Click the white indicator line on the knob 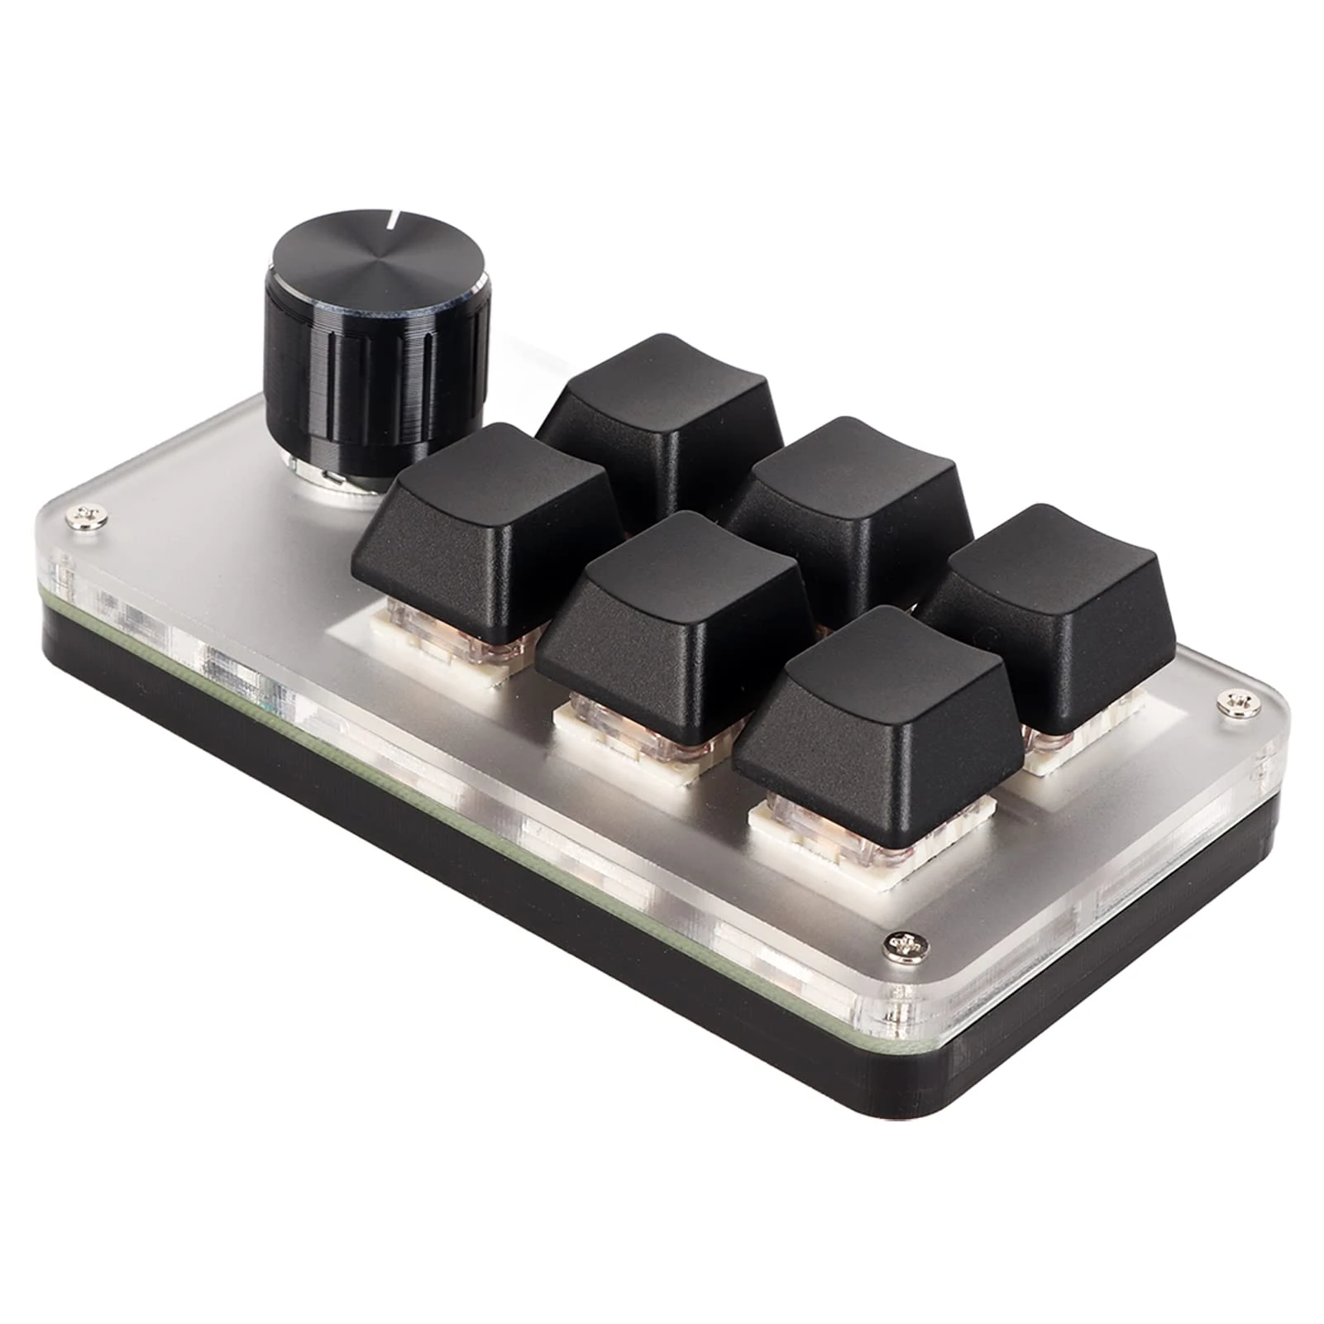[x=394, y=222]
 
